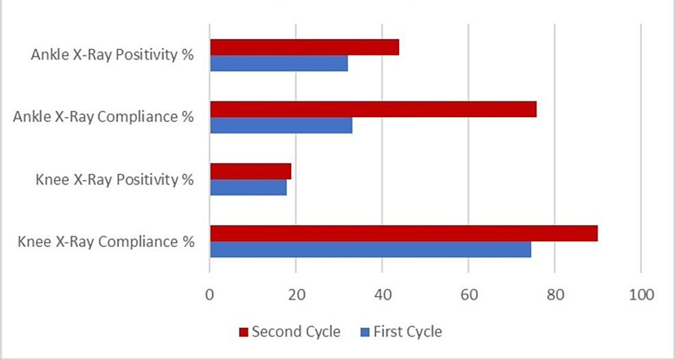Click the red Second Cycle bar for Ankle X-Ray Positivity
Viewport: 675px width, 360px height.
pyautogui.click(x=304, y=47)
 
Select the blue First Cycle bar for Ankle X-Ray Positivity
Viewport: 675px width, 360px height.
pyautogui.click(x=279, y=64)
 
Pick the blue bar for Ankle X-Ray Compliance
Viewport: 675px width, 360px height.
pyautogui.click(x=281, y=125)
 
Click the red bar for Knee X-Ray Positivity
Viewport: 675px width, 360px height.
pyautogui.click(x=251, y=171)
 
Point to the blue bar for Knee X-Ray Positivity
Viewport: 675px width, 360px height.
pyautogui.click(x=248, y=188)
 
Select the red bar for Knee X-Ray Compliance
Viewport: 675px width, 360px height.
pyautogui.click(x=403, y=233)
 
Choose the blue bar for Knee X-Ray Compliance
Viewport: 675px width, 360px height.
pyautogui.click(x=370, y=249)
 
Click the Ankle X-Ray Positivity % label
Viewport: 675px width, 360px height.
pyautogui.click(x=112, y=55)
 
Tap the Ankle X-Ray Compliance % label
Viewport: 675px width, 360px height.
pyautogui.click(x=103, y=117)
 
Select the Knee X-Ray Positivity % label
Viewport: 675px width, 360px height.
pyautogui.click(x=115, y=179)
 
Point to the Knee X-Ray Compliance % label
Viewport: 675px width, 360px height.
pyautogui.click(x=106, y=242)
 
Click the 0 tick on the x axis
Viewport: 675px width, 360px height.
pyautogui.click(x=209, y=295)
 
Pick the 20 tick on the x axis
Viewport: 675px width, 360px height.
pyautogui.click(x=296, y=295)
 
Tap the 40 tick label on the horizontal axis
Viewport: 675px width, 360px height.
pyautogui.click(x=382, y=295)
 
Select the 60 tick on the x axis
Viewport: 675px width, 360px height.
pyautogui.click(x=468, y=295)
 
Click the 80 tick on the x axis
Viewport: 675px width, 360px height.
pyautogui.click(x=555, y=295)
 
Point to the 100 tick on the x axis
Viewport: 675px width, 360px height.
pyautogui.click(x=641, y=295)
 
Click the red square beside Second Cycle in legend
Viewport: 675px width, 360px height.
pyautogui.click(x=242, y=332)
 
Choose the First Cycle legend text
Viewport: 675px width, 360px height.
pyautogui.click(x=407, y=332)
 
